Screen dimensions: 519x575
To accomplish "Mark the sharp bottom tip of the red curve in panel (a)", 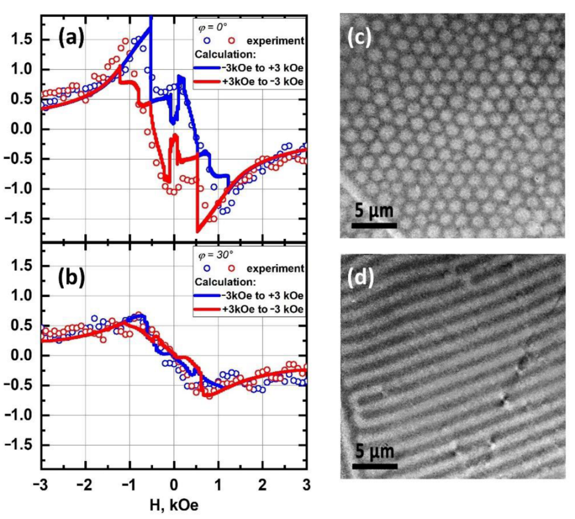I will click(x=197, y=233).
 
